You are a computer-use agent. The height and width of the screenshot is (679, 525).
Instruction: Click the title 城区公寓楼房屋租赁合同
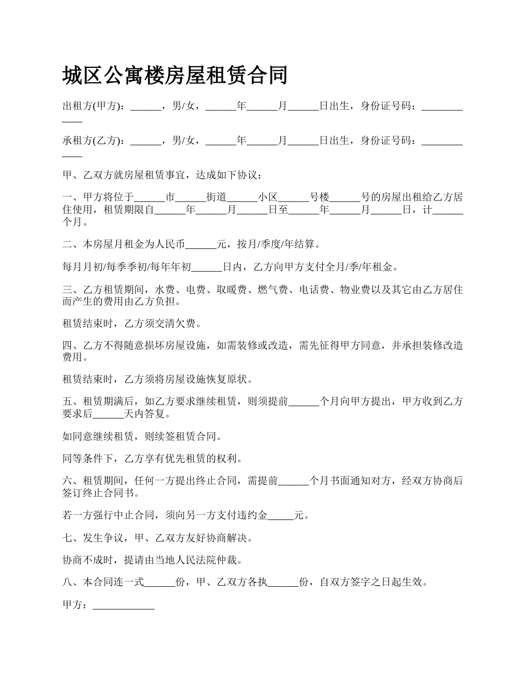175,75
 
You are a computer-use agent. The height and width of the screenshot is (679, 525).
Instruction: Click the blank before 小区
243,197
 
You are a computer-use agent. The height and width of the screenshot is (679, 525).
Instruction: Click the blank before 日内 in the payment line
207,267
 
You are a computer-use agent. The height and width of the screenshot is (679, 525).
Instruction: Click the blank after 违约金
281,516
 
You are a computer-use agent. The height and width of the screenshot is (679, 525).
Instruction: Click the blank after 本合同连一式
160,583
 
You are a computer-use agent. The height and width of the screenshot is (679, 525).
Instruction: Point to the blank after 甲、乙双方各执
283,583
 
